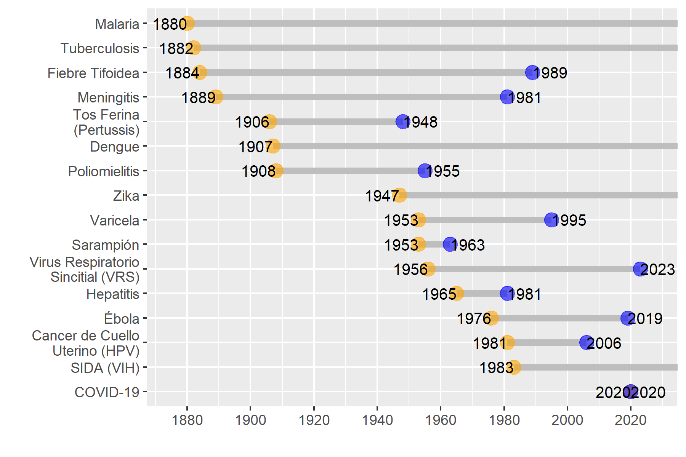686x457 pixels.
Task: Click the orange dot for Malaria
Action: coord(187,23)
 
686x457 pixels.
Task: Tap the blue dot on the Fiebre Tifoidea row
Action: coord(532,72)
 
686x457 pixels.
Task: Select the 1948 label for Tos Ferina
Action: coord(421,122)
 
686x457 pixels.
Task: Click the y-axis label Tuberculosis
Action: coord(100,48)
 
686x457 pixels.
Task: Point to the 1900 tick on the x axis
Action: coord(250,420)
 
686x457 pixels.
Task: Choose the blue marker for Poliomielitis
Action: coord(425,171)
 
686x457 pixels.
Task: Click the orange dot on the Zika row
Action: coord(399,195)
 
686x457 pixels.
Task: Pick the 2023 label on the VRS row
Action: coord(658,270)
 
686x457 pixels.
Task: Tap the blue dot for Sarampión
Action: coord(450,244)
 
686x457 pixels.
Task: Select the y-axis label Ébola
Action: coord(122,318)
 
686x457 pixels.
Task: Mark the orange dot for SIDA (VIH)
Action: coord(514,367)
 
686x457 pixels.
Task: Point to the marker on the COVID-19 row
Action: coord(631,392)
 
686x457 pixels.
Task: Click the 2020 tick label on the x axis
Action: coord(631,420)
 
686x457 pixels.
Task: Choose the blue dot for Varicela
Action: coord(551,220)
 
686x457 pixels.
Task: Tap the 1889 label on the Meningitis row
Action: coord(198,98)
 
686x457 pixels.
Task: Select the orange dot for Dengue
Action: coord(273,146)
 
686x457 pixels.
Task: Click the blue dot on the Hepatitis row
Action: coord(507,293)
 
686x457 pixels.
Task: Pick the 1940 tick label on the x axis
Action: coord(377,420)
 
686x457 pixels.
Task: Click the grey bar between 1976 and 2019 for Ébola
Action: coord(559,318)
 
